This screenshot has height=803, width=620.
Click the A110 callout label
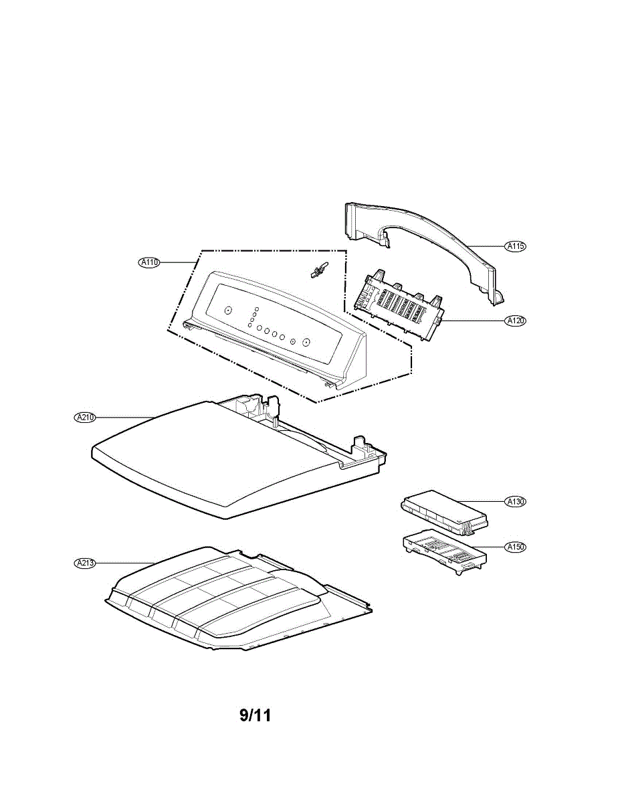pos(148,263)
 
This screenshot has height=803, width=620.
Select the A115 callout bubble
pos(515,246)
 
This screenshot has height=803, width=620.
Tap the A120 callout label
pos(515,321)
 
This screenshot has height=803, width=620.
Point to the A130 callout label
pos(515,501)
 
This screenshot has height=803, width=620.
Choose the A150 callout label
pos(515,547)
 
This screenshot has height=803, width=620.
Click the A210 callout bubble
pos(85,418)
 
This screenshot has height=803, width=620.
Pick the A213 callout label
pos(85,563)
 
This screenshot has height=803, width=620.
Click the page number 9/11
pos(255,715)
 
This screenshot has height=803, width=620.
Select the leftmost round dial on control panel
pos(227,310)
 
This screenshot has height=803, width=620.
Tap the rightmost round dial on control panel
pos(306,342)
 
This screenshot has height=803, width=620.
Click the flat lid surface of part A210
pos(201,462)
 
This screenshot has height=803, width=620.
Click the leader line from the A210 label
pos(127,418)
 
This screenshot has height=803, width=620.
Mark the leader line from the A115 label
pos(485,246)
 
